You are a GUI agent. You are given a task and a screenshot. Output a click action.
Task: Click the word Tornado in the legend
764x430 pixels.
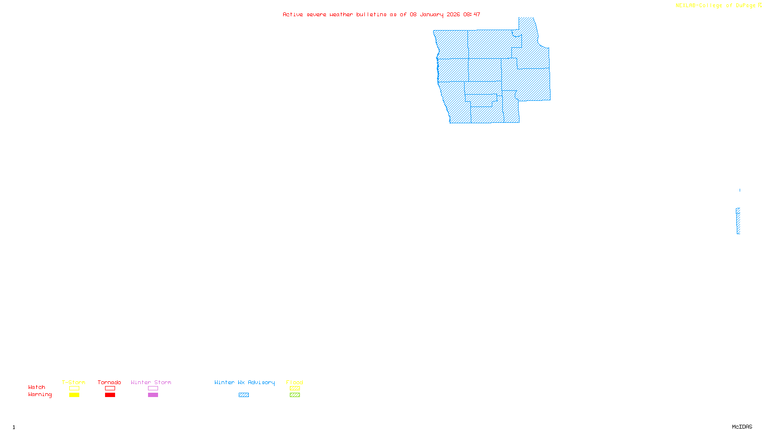(109, 382)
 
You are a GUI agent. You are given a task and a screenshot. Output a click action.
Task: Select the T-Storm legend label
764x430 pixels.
(74, 382)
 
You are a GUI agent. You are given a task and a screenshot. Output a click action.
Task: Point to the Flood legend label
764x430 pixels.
(295, 382)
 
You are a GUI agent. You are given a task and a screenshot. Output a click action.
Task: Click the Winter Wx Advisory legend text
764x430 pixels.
(244, 382)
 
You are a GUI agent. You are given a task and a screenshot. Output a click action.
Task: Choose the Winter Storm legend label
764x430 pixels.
(151, 382)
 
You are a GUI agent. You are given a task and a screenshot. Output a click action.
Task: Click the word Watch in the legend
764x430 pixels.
(37, 387)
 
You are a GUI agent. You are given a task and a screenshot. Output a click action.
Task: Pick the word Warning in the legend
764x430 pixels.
(40, 395)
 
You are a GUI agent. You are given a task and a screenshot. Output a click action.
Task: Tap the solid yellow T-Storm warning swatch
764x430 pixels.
(74, 395)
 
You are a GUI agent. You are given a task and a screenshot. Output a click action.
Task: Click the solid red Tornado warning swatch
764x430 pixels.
(110, 395)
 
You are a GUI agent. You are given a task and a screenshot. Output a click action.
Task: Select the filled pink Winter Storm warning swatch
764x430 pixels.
(153, 395)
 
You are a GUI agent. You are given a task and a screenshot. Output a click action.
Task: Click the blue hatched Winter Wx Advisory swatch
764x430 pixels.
(244, 395)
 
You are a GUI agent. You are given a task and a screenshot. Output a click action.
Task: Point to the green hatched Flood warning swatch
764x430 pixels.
(295, 395)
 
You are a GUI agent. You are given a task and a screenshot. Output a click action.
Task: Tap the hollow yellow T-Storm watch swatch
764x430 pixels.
(74, 388)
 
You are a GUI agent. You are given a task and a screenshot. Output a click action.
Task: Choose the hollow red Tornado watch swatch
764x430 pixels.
(110, 388)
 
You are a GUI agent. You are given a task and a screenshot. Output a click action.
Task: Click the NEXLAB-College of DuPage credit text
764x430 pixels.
(716, 6)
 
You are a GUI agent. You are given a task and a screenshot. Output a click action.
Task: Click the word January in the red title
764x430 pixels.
(431, 15)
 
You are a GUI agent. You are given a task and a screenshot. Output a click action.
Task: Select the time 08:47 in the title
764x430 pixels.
(471, 15)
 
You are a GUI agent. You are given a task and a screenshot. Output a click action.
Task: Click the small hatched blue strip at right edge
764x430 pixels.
(738, 221)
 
